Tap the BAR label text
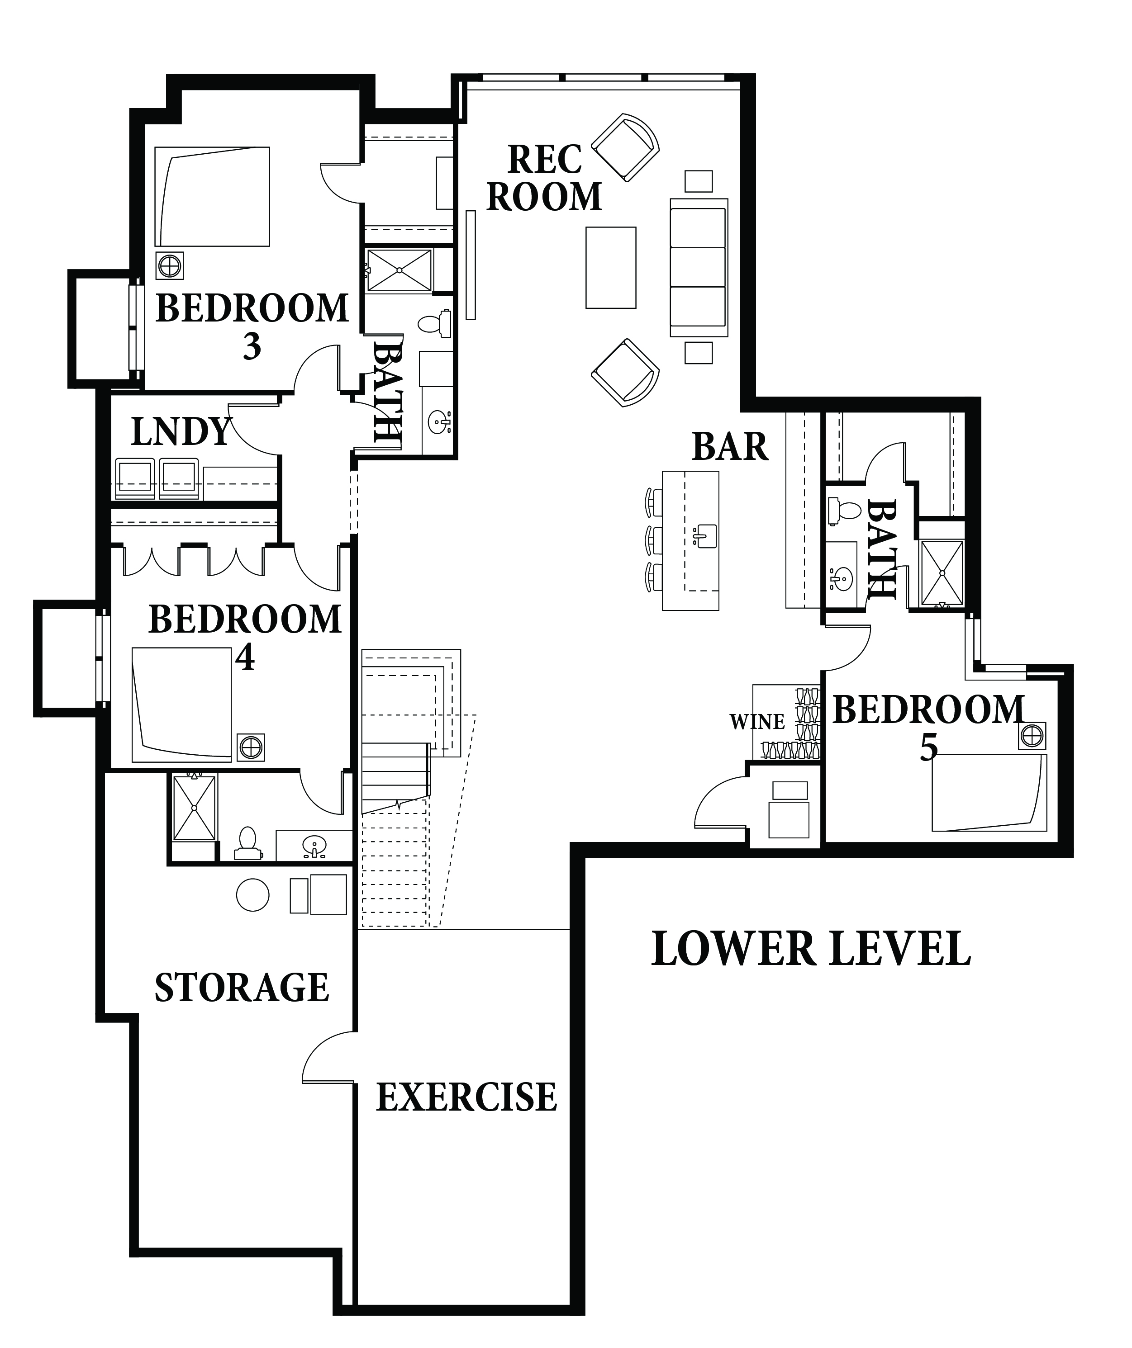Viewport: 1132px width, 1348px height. [730, 447]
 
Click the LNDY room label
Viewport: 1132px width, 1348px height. [181, 431]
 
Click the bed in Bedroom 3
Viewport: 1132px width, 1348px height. [212, 196]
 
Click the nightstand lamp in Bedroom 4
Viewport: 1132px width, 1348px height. [250, 747]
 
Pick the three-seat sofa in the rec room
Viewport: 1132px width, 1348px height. [699, 268]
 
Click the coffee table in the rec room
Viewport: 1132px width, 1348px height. [611, 268]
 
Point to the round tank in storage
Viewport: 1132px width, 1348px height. [252, 895]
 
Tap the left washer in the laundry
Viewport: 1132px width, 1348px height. [135, 479]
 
